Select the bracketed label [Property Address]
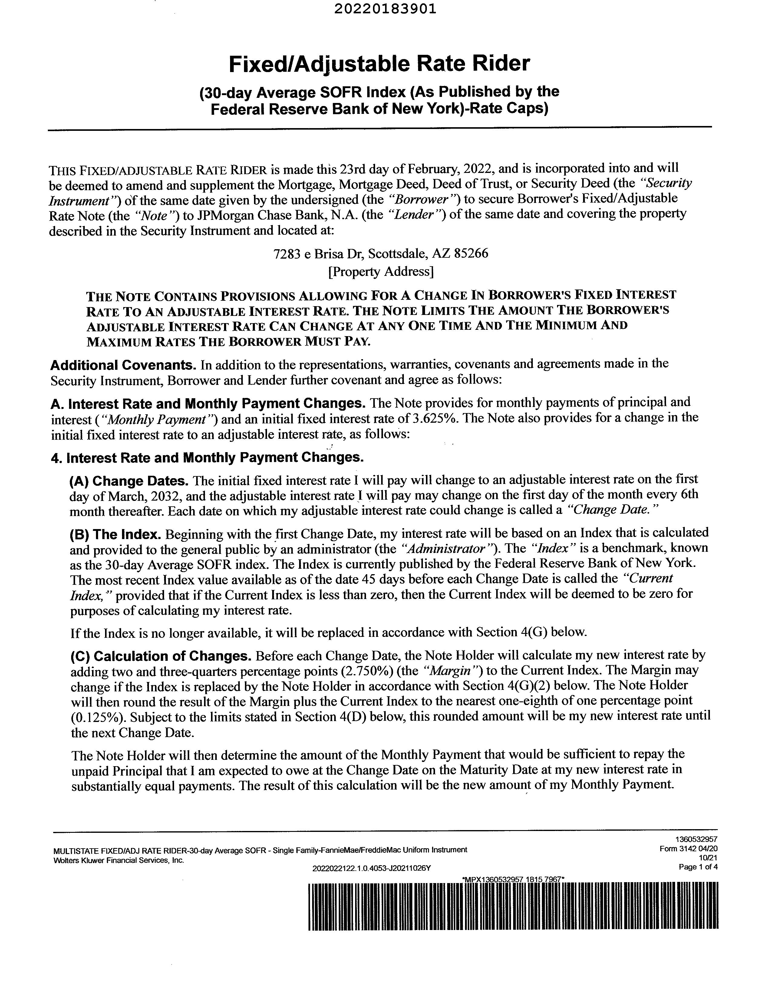(x=381, y=272)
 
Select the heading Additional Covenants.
(x=123, y=365)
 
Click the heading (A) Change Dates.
(x=129, y=481)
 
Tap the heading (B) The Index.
(x=115, y=535)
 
